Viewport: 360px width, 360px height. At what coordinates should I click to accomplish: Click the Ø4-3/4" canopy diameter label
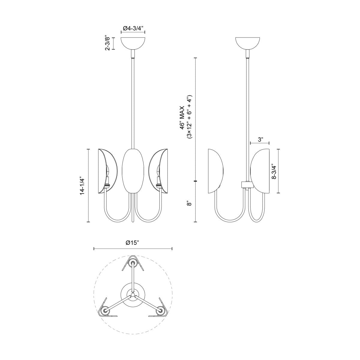pos(133,29)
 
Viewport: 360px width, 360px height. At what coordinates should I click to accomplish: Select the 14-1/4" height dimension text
pos(82,185)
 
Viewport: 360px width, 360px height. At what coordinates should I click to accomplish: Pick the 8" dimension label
pos(189,204)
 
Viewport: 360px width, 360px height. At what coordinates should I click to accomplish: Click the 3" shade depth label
pos(260,139)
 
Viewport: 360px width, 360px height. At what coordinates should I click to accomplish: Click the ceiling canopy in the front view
pos(133,43)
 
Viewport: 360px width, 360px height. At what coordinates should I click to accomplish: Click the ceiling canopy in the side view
pos(248,43)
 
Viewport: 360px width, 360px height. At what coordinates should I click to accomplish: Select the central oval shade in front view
pos(133,171)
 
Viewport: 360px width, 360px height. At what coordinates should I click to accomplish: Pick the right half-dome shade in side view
pos(260,171)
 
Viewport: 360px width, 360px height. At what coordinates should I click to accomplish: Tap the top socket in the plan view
pos(133,263)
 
